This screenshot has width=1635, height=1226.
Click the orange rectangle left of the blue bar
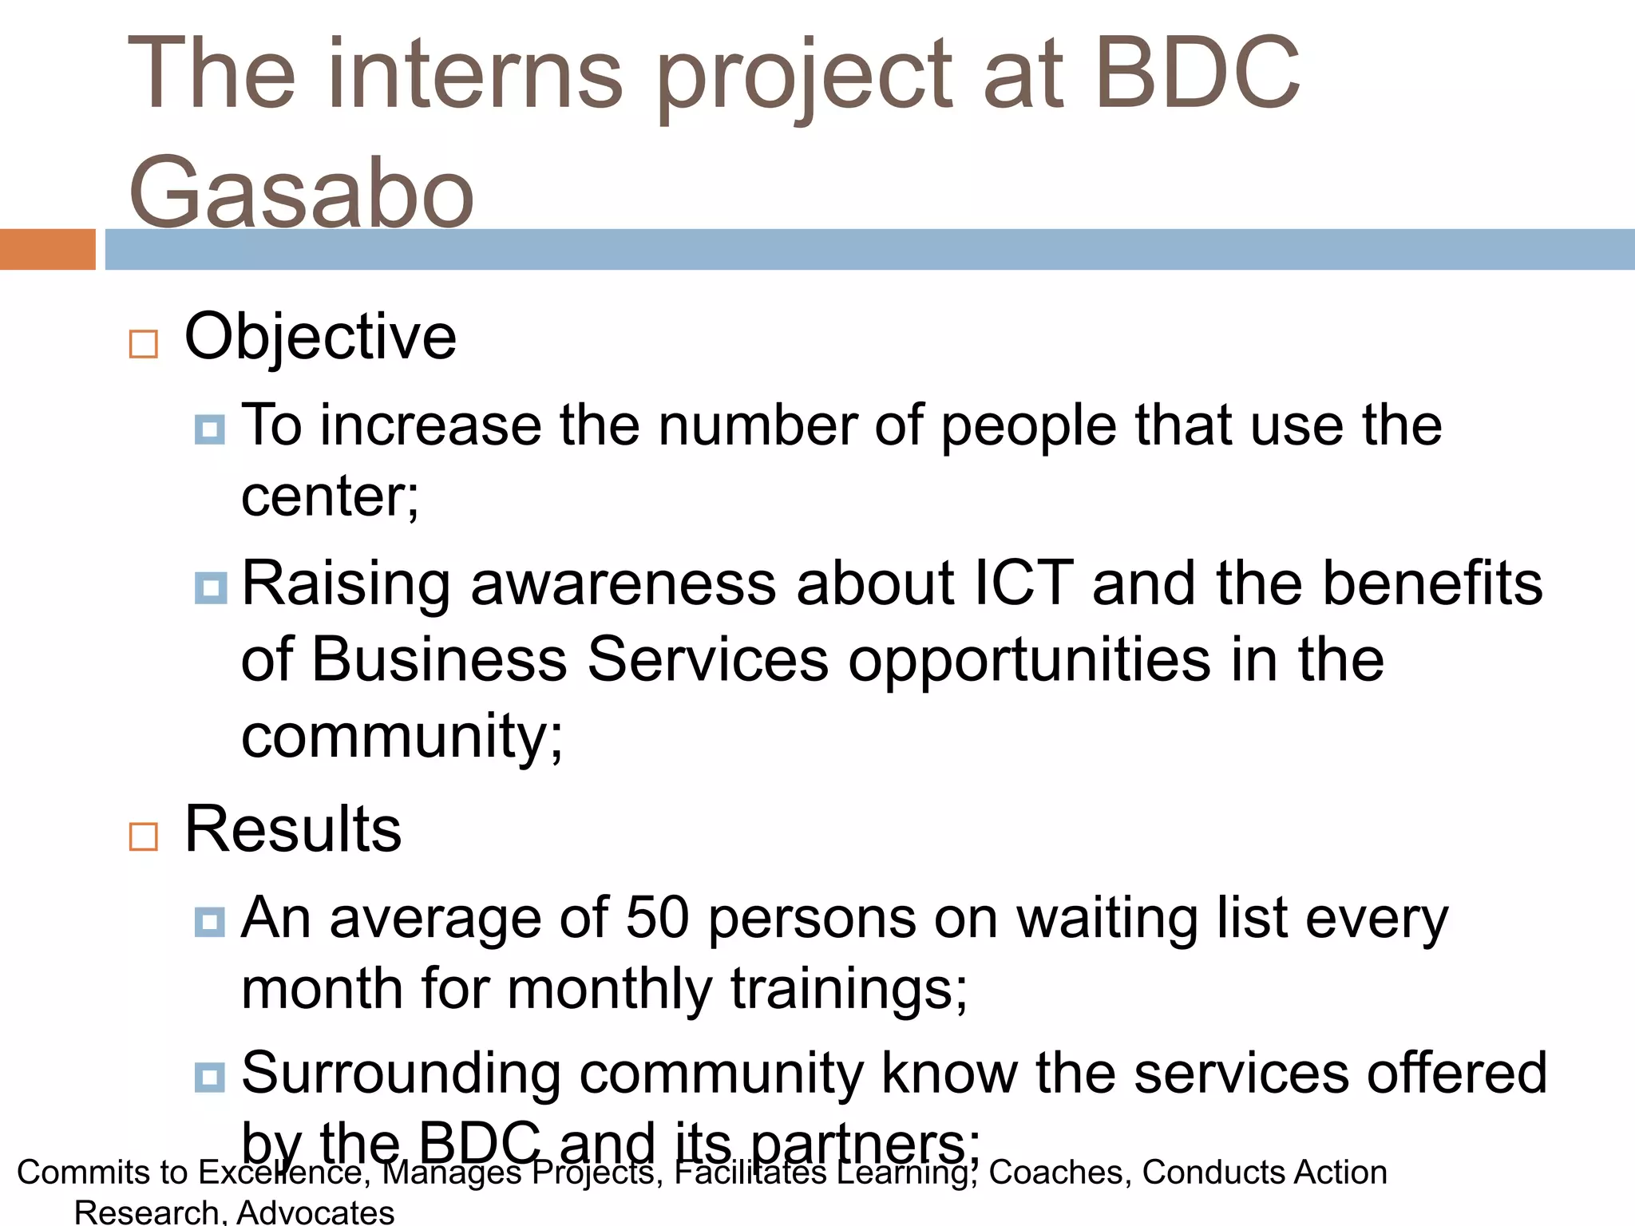tap(47, 249)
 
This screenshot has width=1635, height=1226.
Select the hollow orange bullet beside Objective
tap(144, 344)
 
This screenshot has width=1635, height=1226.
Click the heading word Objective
tap(320, 337)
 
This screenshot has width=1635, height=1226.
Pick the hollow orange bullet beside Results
tap(144, 836)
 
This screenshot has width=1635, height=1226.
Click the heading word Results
tap(293, 829)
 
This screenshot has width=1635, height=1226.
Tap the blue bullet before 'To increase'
tap(210, 429)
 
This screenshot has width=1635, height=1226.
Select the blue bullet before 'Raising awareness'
tap(210, 588)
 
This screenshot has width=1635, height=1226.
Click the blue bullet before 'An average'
tap(210, 922)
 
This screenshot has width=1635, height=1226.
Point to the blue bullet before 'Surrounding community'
tap(210, 1078)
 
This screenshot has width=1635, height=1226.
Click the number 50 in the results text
tap(657, 917)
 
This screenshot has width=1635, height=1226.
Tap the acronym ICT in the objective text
tap(1023, 583)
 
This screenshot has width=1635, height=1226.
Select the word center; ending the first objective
tap(330, 497)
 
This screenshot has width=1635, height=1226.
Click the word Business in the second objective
tap(439, 659)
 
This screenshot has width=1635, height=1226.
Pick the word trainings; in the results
tap(849, 989)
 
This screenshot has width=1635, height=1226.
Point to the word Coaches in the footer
tap(1056, 1173)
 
